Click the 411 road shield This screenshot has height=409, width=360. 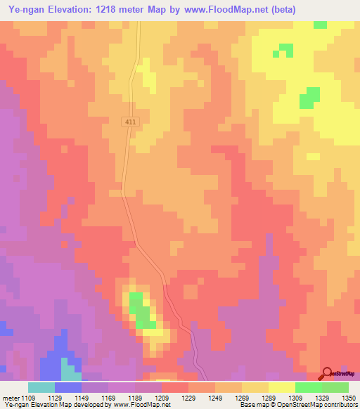coord(131,122)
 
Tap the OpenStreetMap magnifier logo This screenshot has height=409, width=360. coord(327,373)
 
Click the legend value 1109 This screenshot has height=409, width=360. coord(28,398)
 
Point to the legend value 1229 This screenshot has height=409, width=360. coord(188,398)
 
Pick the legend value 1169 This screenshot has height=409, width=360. coord(108,398)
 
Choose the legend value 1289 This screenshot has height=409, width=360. coord(268,398)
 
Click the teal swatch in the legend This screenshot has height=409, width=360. coord(41,387)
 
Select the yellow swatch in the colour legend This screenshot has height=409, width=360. coord(281,387)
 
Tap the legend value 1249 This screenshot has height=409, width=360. coord(214,398)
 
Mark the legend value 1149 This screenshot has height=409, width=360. coord(82,398)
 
